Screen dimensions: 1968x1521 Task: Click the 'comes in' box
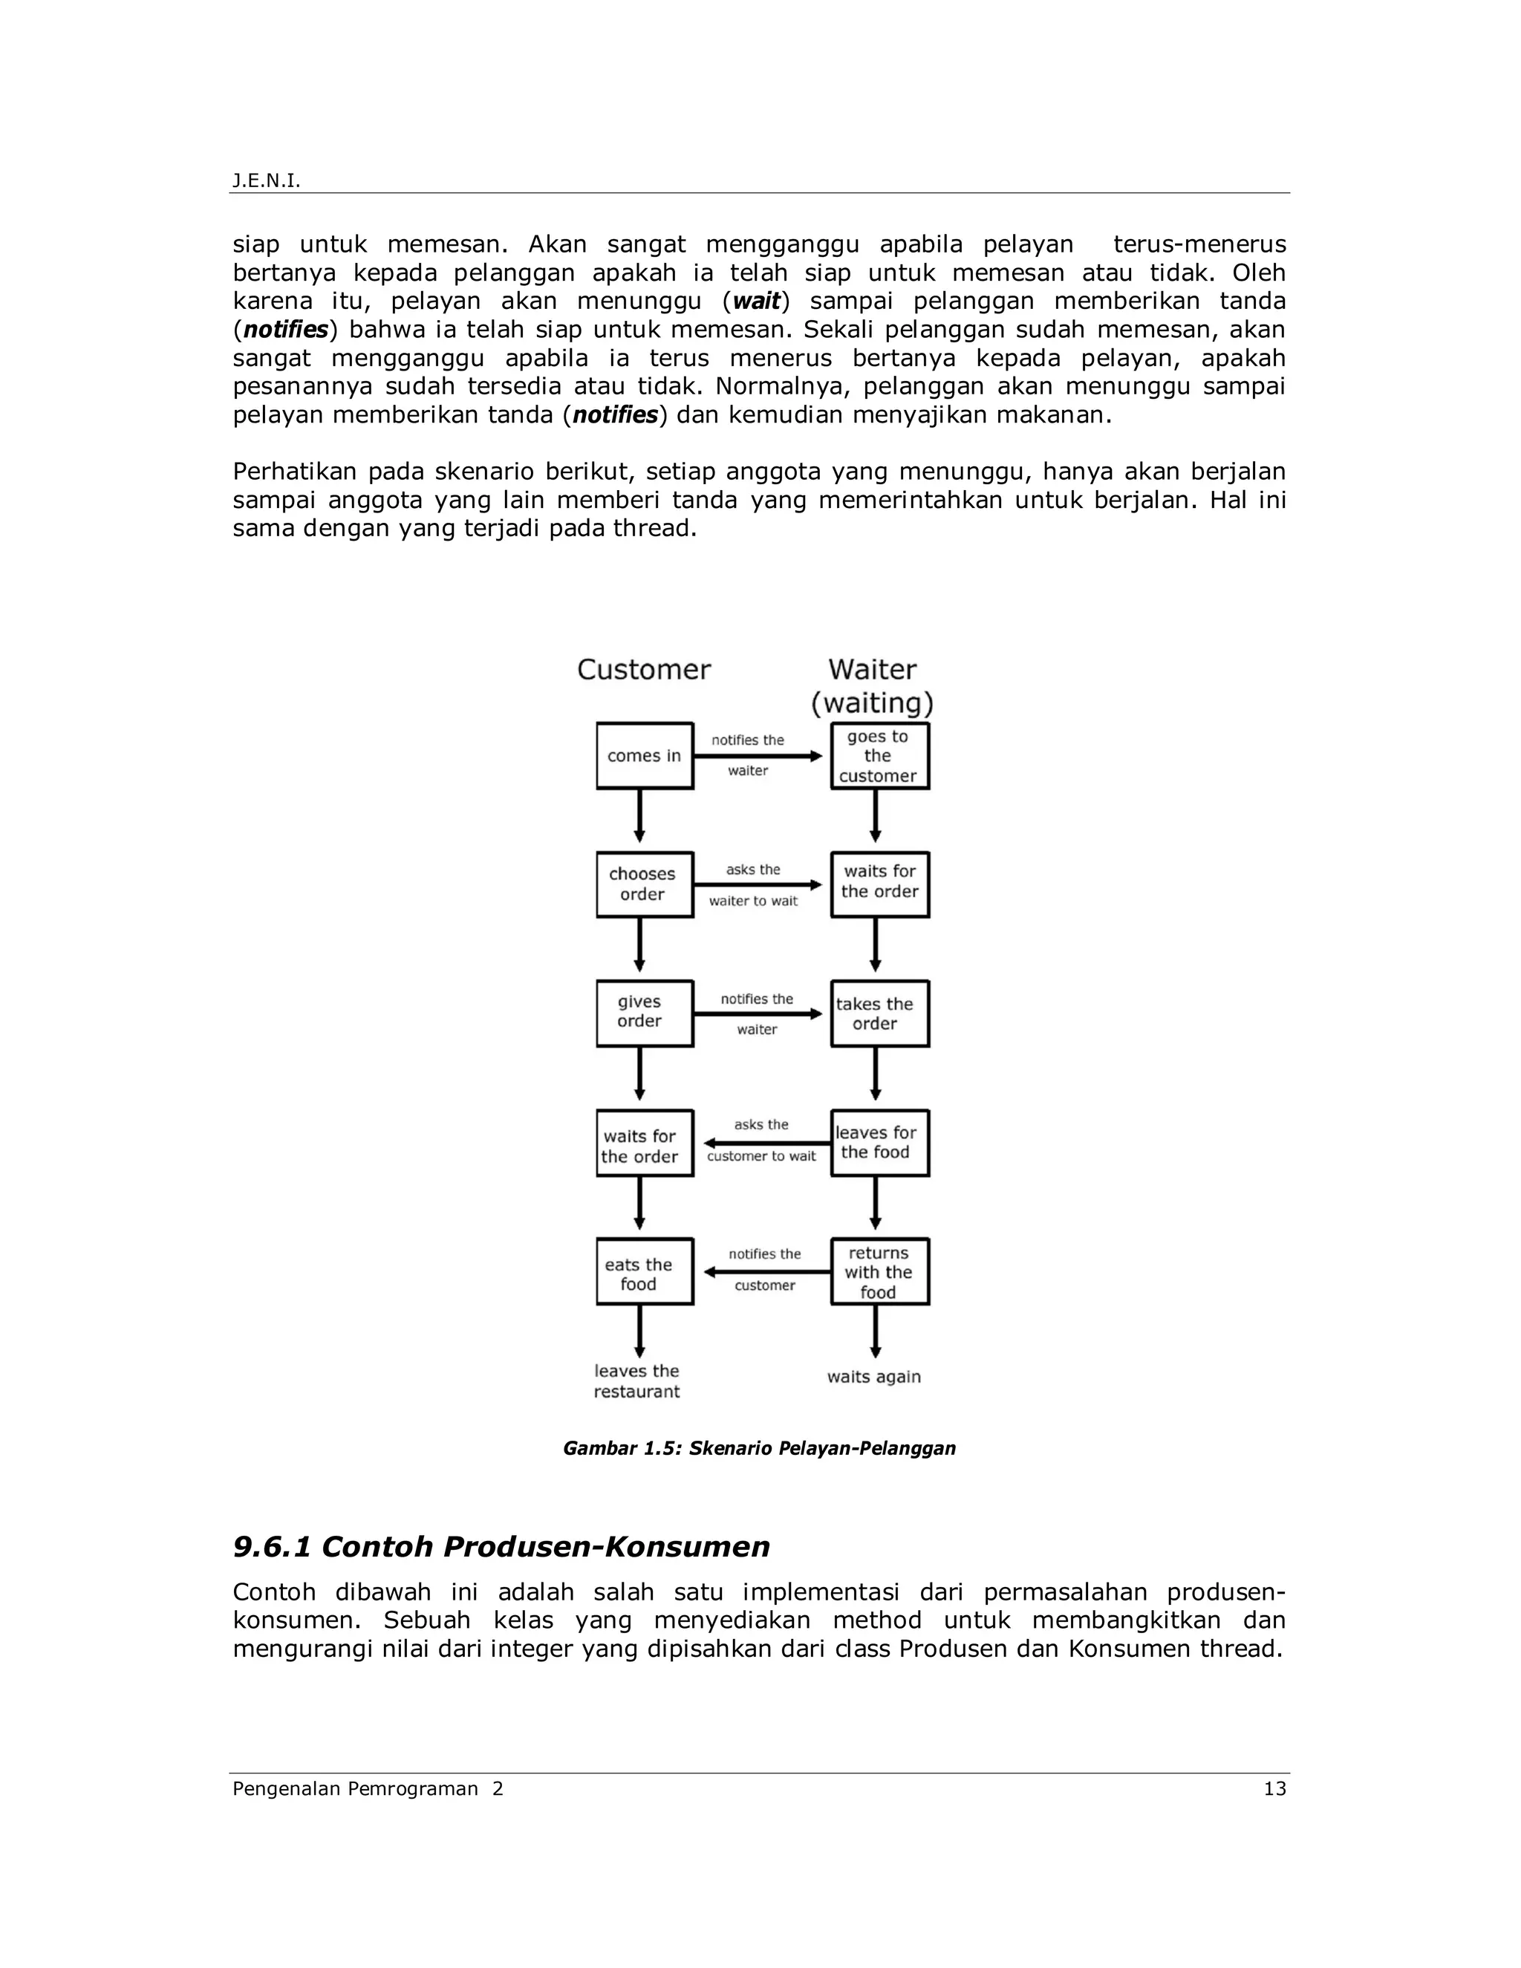coord(644,756)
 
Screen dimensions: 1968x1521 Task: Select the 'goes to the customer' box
coord(879,756)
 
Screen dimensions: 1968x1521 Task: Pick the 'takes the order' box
coord(879,1014)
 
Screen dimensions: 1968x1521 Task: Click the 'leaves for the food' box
coord(879,1143)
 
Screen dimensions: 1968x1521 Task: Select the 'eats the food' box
coord(644,1271)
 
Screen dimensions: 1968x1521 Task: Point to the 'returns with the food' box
coord(879,1271)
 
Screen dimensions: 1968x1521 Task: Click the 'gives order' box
coord(644,1014)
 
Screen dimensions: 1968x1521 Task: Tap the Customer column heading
coord(643,670)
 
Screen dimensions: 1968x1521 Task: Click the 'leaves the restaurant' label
coord(636,1381)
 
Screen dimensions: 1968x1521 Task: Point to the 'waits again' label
coord(874,1377)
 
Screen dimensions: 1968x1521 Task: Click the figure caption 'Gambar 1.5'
coord(759,1448)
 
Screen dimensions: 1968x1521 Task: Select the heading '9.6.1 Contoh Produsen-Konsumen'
coord(501,1547)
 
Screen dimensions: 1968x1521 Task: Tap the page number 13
coord(1274,1789)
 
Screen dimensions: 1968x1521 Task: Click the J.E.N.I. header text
coord(266,181)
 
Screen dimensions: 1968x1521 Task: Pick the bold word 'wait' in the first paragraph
coord(756,301)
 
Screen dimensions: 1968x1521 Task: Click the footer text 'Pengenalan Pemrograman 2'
coord(368,1789)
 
